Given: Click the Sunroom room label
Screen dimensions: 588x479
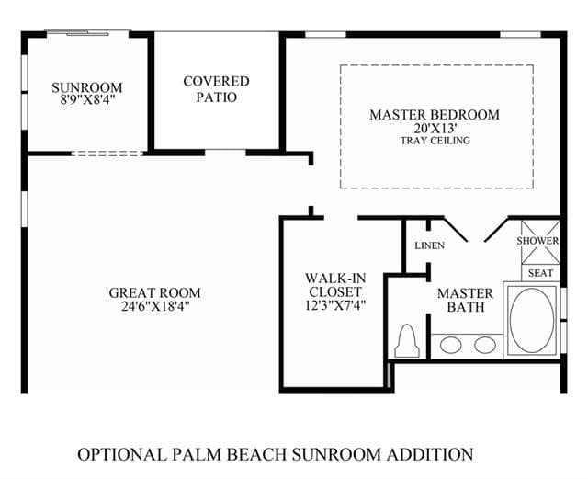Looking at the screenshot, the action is (87, 87).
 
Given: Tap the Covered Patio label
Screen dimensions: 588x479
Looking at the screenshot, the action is (217, 89).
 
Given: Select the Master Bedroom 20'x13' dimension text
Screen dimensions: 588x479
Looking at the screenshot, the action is (435, 129).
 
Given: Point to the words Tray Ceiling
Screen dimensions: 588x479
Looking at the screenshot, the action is (435, 141).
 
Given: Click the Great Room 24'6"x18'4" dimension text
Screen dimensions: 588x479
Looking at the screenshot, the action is (155, 306).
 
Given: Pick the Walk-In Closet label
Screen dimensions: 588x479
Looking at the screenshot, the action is (335, 285).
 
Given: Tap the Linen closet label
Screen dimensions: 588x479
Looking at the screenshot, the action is (430, 245).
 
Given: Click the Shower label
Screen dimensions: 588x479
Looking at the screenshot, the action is (537, 241).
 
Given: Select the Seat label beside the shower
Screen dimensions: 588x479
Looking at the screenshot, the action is (540, 273).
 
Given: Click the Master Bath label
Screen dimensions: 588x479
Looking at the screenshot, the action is (466, 300).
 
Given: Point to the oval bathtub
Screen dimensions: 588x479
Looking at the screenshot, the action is (532, 320).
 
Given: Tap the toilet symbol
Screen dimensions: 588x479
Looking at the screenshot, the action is (407, 341).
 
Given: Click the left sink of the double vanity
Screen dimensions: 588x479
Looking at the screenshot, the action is (451, 345).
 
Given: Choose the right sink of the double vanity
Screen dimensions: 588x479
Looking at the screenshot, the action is (485, 345).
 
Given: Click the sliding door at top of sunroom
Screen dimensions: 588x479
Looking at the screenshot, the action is (88, 33).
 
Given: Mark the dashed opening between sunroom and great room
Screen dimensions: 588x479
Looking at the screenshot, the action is (107, 154).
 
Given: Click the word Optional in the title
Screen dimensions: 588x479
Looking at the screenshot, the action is (122, 454).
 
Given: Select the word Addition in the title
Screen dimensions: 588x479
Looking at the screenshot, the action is (430, 454).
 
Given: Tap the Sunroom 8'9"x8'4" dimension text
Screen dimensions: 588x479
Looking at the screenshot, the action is (87, 100).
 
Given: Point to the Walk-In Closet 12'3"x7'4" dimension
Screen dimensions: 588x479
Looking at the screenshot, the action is (335, 305).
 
